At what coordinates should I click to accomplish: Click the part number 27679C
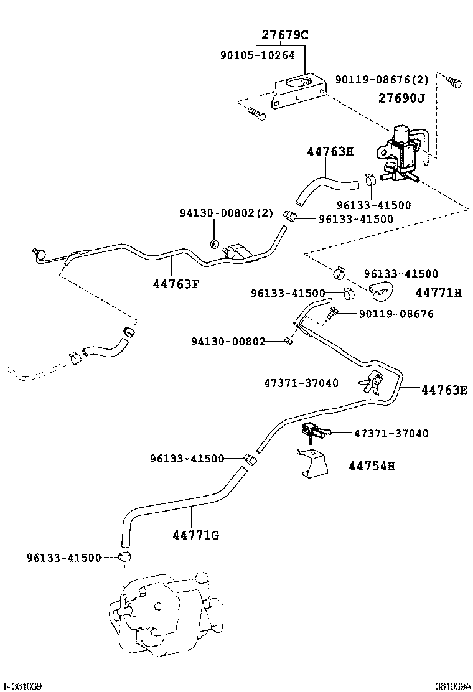tap(284, 35)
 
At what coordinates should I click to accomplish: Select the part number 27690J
tap(401, 98)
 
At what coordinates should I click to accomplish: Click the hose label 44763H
tap(330, 151)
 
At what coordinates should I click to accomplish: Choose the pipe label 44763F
tap(176, 284)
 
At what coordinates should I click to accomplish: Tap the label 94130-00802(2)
tap(227, 213)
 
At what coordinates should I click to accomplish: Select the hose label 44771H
tap(439, 292)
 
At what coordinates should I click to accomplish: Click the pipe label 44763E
tap(444, 390)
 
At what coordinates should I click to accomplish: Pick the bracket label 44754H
tap(372, 465)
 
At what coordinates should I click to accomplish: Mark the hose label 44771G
tap(195, 535)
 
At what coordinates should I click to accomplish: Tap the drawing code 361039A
tap(452, 686)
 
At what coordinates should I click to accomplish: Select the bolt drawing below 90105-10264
tap(256, 113)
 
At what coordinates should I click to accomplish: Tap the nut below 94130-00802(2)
tap(213, 243)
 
